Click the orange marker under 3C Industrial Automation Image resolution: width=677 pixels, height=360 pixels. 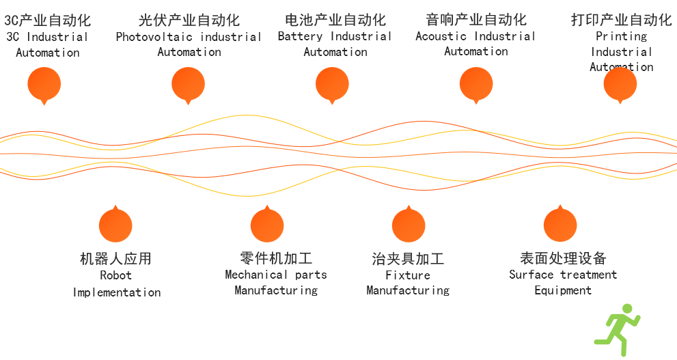click(x=44, y=85)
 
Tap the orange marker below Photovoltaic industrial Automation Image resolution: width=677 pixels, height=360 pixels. click(x=189, y=85)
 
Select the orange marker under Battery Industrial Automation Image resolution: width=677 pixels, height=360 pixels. click(x=332, y=85)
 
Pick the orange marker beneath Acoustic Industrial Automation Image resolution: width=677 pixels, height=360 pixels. click(x=476, y=85)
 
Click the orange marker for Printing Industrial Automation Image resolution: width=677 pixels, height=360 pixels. click(x=620, y=85)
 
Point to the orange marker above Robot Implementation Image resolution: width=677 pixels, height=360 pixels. click(x=115, y=225)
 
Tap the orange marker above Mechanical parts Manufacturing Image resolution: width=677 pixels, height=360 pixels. click(x=267, y=225)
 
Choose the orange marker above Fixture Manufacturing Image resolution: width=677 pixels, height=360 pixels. click(x=409, y=225)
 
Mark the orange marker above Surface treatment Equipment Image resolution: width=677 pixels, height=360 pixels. click(x=560, y=225)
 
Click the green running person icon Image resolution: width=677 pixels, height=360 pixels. click(x=618, y=330)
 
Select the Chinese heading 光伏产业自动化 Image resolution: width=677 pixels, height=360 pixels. click(x=189, y=20)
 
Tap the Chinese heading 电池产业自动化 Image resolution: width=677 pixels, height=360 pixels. click(x=335, y=20)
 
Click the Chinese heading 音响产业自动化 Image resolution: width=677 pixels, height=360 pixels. click(x=476, y=19)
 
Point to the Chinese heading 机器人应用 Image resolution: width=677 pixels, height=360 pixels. click(x=115, y=259)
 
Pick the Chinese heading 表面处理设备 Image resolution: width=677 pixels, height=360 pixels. click(x=563, y=258)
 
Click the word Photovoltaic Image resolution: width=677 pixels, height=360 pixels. click(x=154, y=37)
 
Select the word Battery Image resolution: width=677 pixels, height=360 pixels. click(x=300, y=37)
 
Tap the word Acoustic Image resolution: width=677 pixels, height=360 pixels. click(x=441, y=36)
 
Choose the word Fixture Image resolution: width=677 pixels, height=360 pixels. click(x=408, y=275)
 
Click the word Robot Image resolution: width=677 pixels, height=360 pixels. click(x=115, y=275)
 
